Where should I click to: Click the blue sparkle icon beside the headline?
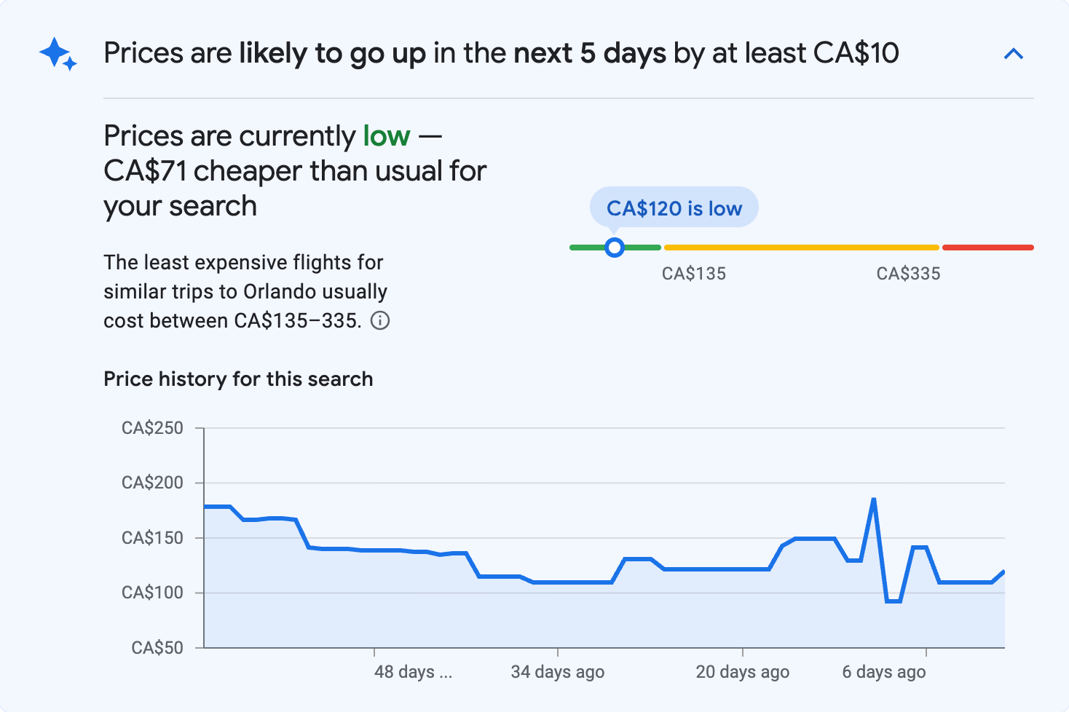[x=58, y=55]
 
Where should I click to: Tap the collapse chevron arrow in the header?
[x=1013, y=54]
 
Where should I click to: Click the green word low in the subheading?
[x=387, y=136]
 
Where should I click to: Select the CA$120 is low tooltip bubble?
[x=674, y=208]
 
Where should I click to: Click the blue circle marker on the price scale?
[x=615, y=248]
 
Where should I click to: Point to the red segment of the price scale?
[x=987, y=248]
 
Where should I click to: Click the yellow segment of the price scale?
[x=801, y=248]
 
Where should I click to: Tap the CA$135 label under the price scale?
[x=693, y=274]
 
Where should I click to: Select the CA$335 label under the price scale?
[x=908, y=274]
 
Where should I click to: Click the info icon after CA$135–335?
[x=380, y=320]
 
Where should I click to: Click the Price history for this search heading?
[x=238, y=379]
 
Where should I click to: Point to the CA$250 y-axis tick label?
[x=152, y=428]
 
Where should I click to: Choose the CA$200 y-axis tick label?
[x=152, y=483]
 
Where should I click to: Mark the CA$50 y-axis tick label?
[x=157, y=647]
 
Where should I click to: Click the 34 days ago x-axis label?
[x=557, y=672]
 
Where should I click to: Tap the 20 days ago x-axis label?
[x=742, y=672]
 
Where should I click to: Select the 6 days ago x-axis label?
[x=883, y=672]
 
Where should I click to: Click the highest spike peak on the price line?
[x=873, y=499]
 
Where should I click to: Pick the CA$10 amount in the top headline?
[x=856, y=54]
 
